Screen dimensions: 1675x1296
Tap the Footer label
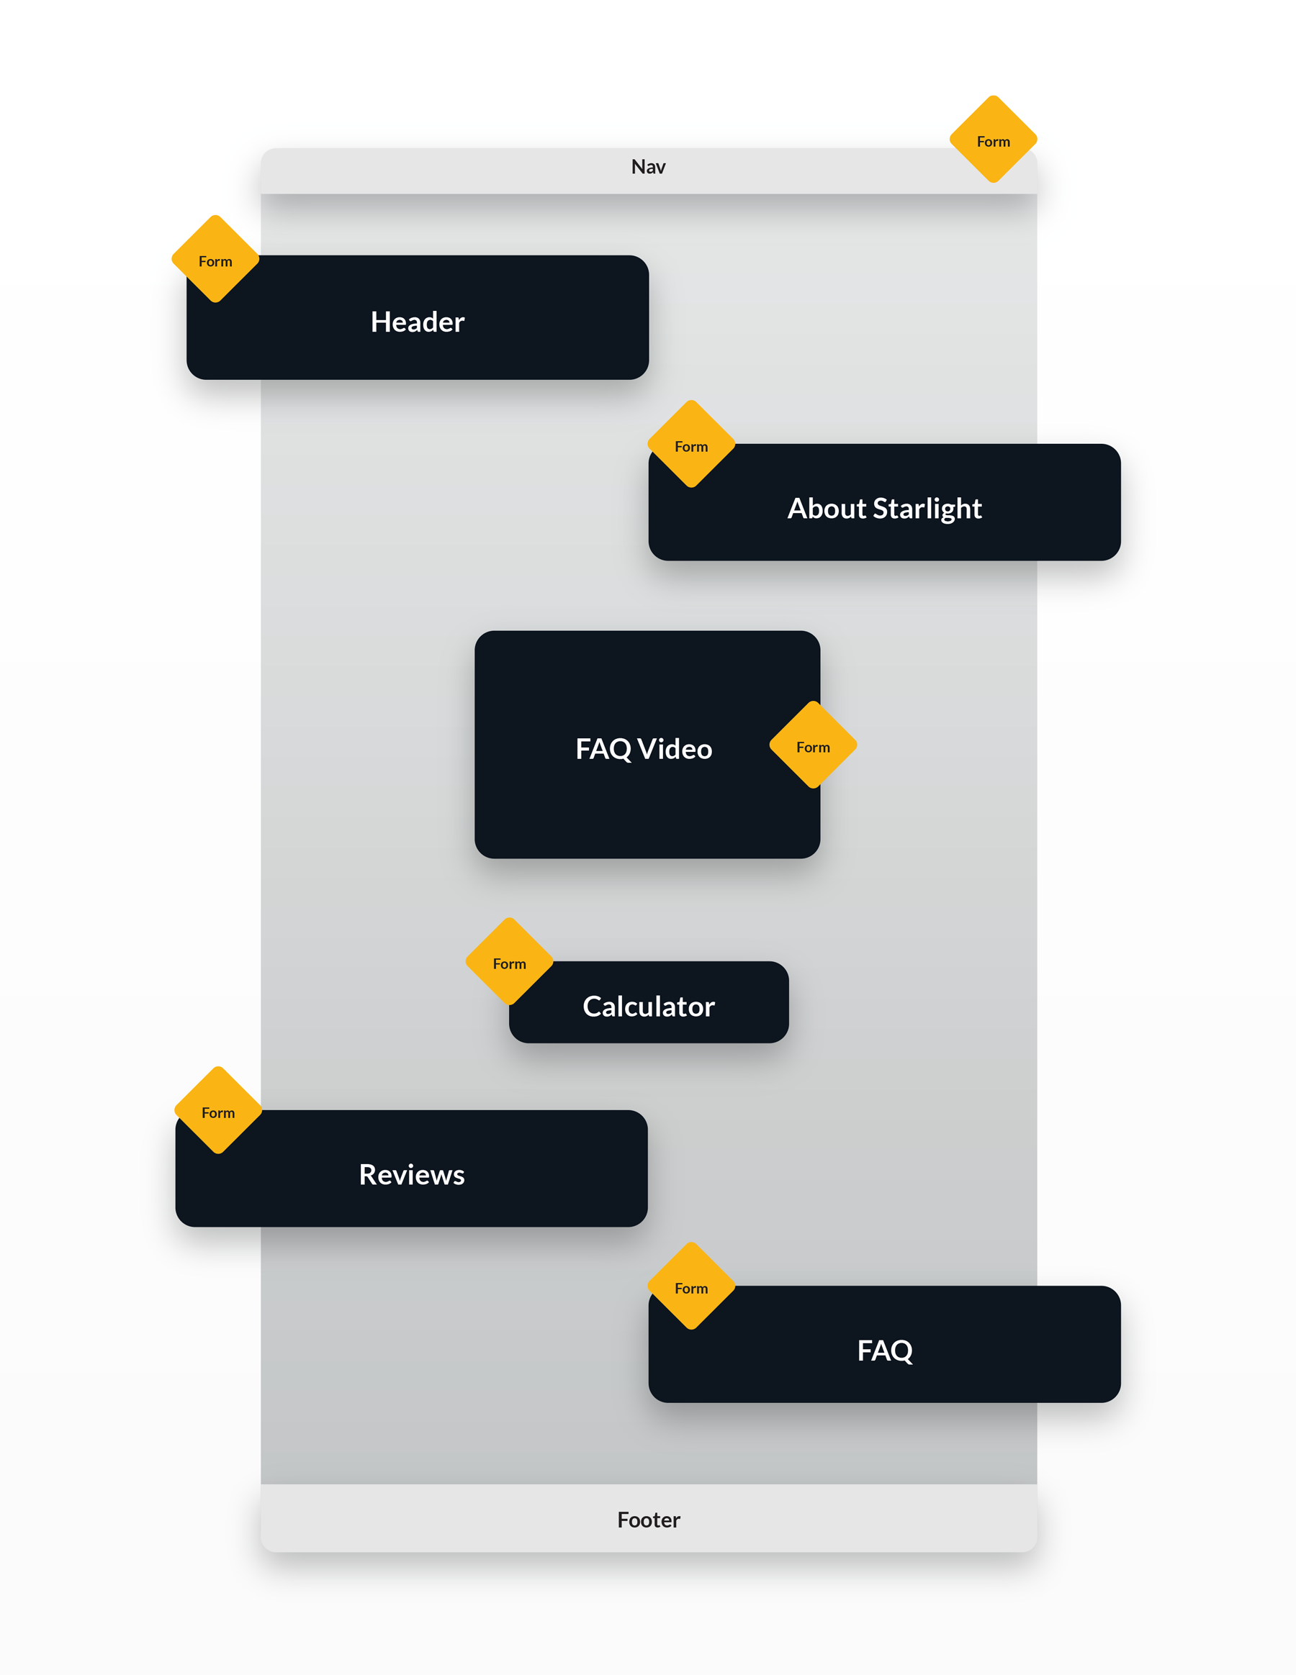click(x=649, y=1520)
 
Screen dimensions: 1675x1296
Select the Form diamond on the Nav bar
click(x=993, y=140)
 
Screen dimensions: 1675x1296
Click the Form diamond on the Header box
click(x=215, y=260)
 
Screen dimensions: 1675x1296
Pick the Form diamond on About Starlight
click(x=690, y=445)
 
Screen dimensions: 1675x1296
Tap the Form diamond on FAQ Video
click(x=813, y=745)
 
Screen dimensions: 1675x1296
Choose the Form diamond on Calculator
click(x=509, y=962)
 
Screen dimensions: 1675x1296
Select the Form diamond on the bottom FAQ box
click(x=690, y=1287)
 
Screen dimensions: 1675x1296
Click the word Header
click(x=418, y=322)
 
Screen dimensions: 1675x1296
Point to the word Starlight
click(x=927, y=509)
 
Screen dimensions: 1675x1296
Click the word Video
click(x=675, y=749)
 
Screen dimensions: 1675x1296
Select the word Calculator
click(x=649, y=1007)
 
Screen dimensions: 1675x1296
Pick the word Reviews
click(x=411, y=1174)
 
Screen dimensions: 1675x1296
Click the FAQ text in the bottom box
click(x=884, y=1351)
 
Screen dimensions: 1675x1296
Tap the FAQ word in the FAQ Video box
click(x=603, y=749)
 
